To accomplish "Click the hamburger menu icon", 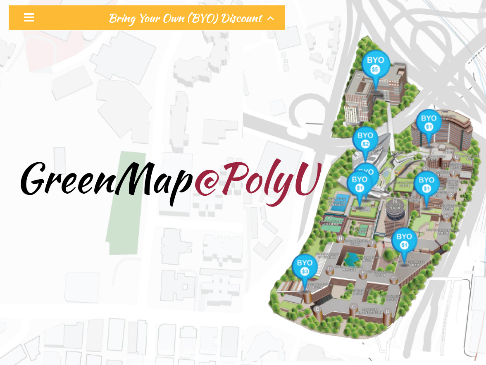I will (29, 17).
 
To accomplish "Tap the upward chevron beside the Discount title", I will (271, 18).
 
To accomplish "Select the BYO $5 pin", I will (375, 65).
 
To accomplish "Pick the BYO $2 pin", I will (365, 139).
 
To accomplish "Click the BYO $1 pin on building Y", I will (429, 122).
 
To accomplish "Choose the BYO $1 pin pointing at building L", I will (404, 241).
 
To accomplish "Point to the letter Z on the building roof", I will (358, 76).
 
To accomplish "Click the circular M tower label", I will (395, 201).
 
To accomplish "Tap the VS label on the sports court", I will (330, 218).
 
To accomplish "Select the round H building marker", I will (341, 238).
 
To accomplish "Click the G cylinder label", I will (329, 269).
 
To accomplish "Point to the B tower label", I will (318, 309).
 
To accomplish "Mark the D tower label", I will (387, 311).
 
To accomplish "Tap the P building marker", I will (446, 216).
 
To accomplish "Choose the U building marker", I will (457, 157).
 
